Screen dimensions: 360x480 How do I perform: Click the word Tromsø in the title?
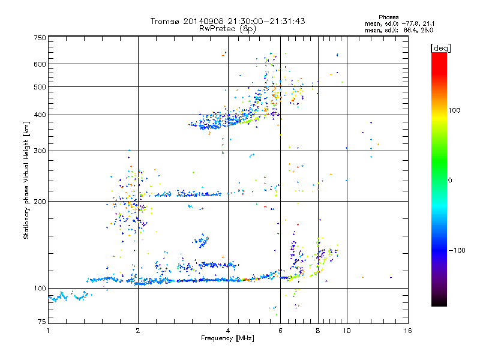pos(165,21)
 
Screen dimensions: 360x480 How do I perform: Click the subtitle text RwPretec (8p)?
pos(224,28)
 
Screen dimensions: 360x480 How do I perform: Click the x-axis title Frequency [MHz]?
pos(227,339)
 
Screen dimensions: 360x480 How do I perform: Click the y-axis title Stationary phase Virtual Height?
pos(26,180)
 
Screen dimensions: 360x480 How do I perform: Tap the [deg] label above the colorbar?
pos(440,47)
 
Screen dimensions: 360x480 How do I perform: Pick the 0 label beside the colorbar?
pos(451,180)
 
